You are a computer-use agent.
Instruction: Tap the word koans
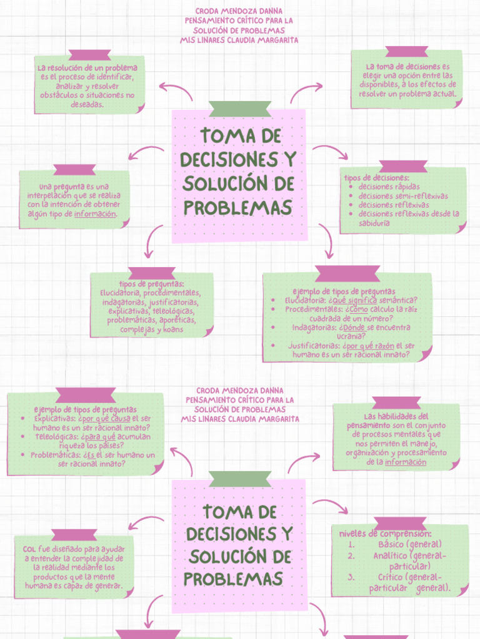pyautogui.click(x=171, y=329)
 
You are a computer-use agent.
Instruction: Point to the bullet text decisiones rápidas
pyautogui.click(x=389, y=187)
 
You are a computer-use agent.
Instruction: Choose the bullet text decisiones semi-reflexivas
pyautogui.click(x=403, y=196)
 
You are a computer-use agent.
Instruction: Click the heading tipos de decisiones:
pyautogui.click(x=377, y=178)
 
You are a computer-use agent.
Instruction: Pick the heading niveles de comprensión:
pyautogui.click(x=385, y=534)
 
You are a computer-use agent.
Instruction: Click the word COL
pyautogui.click(x=29, y=549)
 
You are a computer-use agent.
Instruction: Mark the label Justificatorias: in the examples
pyautogui.click(x=314, y=345)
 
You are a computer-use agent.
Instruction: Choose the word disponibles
pyautogui.click(x=379, y=84)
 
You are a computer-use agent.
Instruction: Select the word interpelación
pyautogui.click(x=50, y=195)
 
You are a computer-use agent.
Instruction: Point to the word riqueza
pyautogui.click(x=72, y=446)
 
